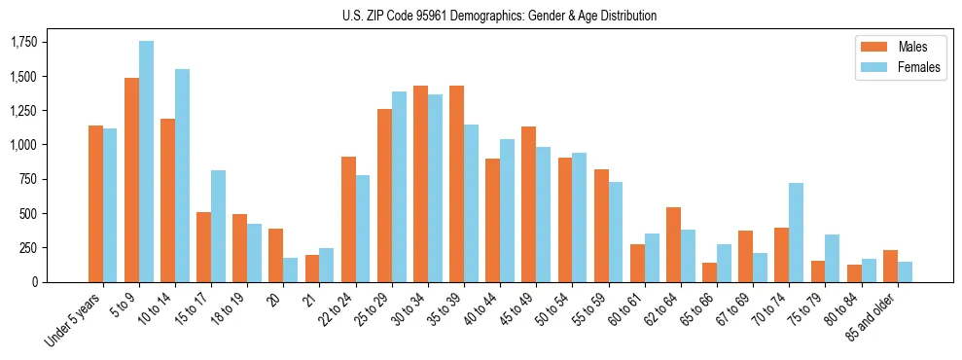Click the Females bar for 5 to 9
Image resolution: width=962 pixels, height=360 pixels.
147,162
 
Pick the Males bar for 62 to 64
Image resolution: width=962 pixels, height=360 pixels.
673,244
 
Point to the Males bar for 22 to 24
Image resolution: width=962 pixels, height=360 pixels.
348,219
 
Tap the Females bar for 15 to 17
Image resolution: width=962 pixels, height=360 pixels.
219,226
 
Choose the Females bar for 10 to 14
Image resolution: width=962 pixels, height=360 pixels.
183,175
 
